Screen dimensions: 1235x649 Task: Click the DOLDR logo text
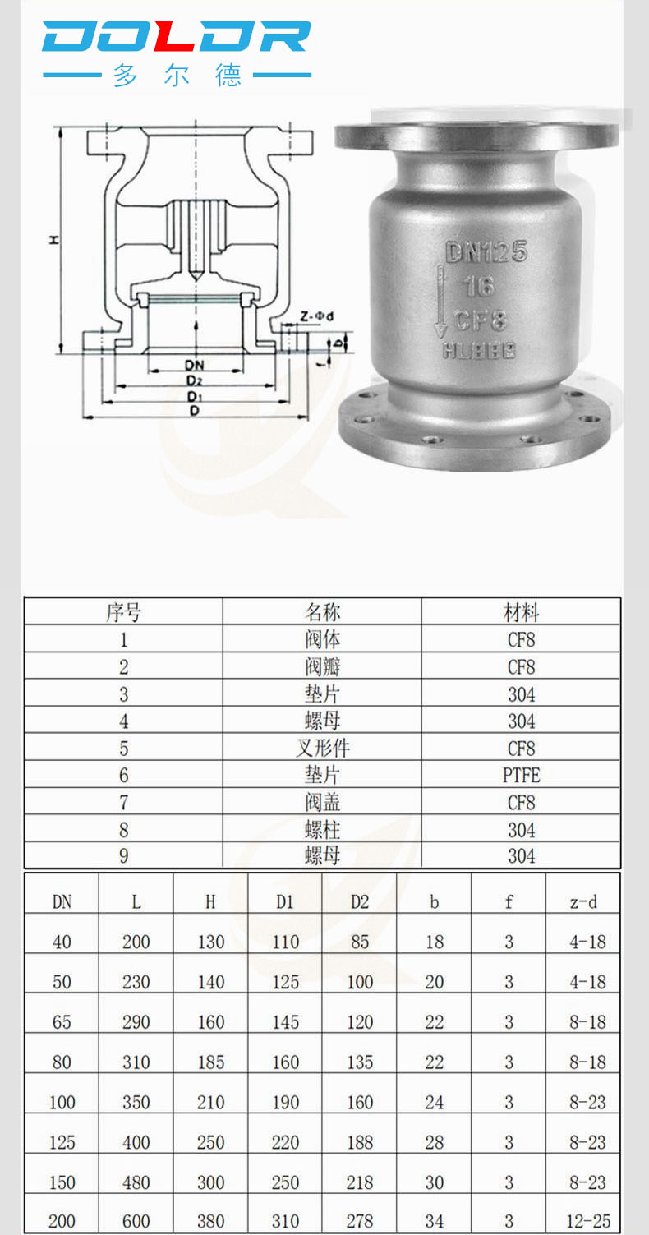pos(176,37)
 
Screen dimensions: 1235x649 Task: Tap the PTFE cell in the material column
pos(521,775)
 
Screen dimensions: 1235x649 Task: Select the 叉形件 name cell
pos(322,749)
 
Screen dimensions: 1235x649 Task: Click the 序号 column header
pos(123,613)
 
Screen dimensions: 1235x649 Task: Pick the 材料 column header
pos(521,613)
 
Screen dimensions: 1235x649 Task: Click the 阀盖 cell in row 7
pos(322,802)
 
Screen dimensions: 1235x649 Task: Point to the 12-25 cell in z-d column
pos(588,1221)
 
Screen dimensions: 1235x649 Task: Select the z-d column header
pos(583,902)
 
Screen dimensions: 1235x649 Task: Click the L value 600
pos(136,1221)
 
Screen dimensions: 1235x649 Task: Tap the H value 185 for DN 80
pos(210,1062)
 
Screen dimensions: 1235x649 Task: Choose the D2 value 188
pos(360,1142)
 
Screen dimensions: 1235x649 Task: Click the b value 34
pos(435,1221)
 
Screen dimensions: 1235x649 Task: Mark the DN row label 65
pos(62,1022)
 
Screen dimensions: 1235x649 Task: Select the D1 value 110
pos(285,942)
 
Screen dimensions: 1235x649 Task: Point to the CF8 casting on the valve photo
pos(481,319)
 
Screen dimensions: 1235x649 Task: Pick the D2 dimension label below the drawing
pos(194,380)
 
